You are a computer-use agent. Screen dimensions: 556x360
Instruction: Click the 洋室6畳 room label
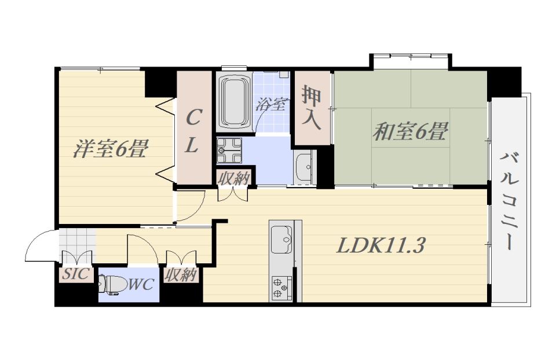111,149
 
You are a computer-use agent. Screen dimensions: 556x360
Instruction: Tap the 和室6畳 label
411,131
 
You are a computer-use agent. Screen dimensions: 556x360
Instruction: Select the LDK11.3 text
380,245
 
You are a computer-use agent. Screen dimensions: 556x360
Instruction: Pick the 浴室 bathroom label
271,104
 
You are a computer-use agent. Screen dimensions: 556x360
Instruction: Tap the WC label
141,284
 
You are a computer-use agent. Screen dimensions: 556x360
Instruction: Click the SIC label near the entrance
75,274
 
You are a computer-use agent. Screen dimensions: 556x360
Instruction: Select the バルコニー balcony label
510,201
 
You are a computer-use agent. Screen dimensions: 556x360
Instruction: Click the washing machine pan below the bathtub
229,151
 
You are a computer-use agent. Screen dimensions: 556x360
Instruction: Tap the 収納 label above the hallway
233,178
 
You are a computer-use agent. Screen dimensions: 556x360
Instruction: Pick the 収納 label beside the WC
181,274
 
